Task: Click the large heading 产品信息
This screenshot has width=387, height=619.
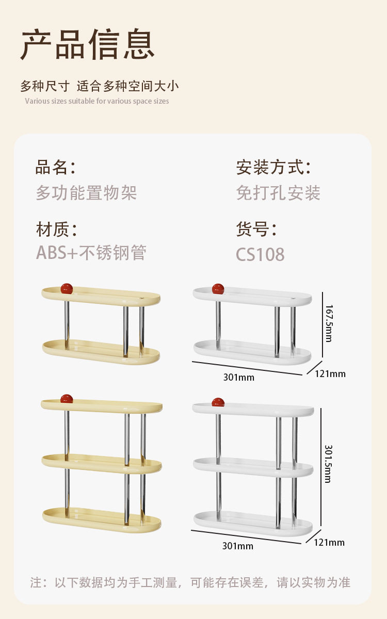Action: point(88,45)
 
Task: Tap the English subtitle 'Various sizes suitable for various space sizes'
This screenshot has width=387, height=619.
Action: point(97,101)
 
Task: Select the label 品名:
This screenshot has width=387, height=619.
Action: point(55,168)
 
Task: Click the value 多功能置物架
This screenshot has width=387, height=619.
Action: point(86,193)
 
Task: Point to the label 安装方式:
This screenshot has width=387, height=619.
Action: point(273,168)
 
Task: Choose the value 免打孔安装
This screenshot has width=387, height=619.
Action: point(278,193)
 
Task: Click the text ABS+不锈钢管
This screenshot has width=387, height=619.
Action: point(91,253)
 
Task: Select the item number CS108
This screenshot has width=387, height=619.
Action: point(260,255)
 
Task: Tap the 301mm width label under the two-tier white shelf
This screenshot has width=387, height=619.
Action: point(238,377)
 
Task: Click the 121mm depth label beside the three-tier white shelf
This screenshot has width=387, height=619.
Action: point(329,542)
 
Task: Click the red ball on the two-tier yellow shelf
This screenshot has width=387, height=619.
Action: point(66,288)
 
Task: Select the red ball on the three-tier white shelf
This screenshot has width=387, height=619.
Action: point(218,402)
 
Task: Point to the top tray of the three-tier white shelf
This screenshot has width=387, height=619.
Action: point(253,409)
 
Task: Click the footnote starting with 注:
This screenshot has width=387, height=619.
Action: point(190,583)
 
